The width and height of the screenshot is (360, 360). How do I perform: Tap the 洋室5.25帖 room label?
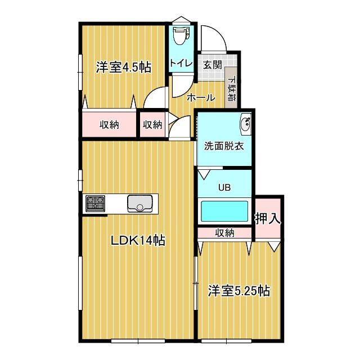(238, 291)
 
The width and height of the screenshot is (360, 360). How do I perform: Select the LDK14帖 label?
(137, 241)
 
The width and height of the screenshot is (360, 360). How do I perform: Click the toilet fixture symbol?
(180, 35)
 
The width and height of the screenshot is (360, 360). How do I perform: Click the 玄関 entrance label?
(212, 64)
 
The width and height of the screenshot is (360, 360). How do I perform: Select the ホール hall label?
(201, 97)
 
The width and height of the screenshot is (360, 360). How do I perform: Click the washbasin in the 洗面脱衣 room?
(245, 124)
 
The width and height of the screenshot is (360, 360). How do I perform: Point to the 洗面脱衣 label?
(223, 145)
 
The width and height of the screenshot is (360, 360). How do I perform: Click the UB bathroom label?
(224, 187)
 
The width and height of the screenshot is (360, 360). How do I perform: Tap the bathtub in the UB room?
(224, 212)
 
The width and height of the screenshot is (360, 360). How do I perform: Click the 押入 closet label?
(268, 218)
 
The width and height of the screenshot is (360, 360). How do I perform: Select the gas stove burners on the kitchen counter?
(96, 203)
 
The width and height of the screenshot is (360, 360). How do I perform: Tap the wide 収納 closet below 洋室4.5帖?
(110, 124)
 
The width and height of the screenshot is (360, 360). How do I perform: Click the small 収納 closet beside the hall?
(152, 124)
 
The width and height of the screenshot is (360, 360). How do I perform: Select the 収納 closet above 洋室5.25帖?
(224, 232)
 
